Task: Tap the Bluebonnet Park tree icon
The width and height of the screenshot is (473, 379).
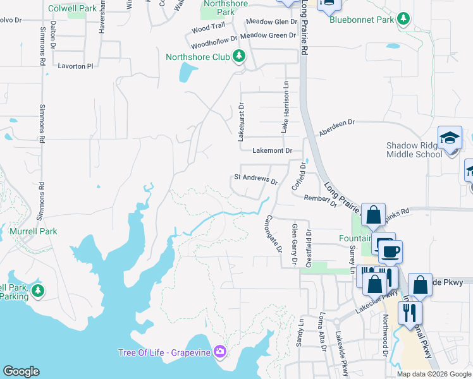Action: tap(403, 19)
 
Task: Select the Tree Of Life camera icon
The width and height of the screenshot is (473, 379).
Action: tap(219, 351)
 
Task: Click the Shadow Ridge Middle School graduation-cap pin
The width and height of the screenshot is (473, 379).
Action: tap(450, 138)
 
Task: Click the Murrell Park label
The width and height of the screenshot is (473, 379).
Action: tap(34, 231)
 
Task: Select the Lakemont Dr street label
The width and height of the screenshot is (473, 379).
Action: tap(272, 151)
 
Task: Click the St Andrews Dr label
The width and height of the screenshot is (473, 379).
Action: tap(256, 179)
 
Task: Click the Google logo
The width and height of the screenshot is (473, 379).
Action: tap(21, 371)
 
